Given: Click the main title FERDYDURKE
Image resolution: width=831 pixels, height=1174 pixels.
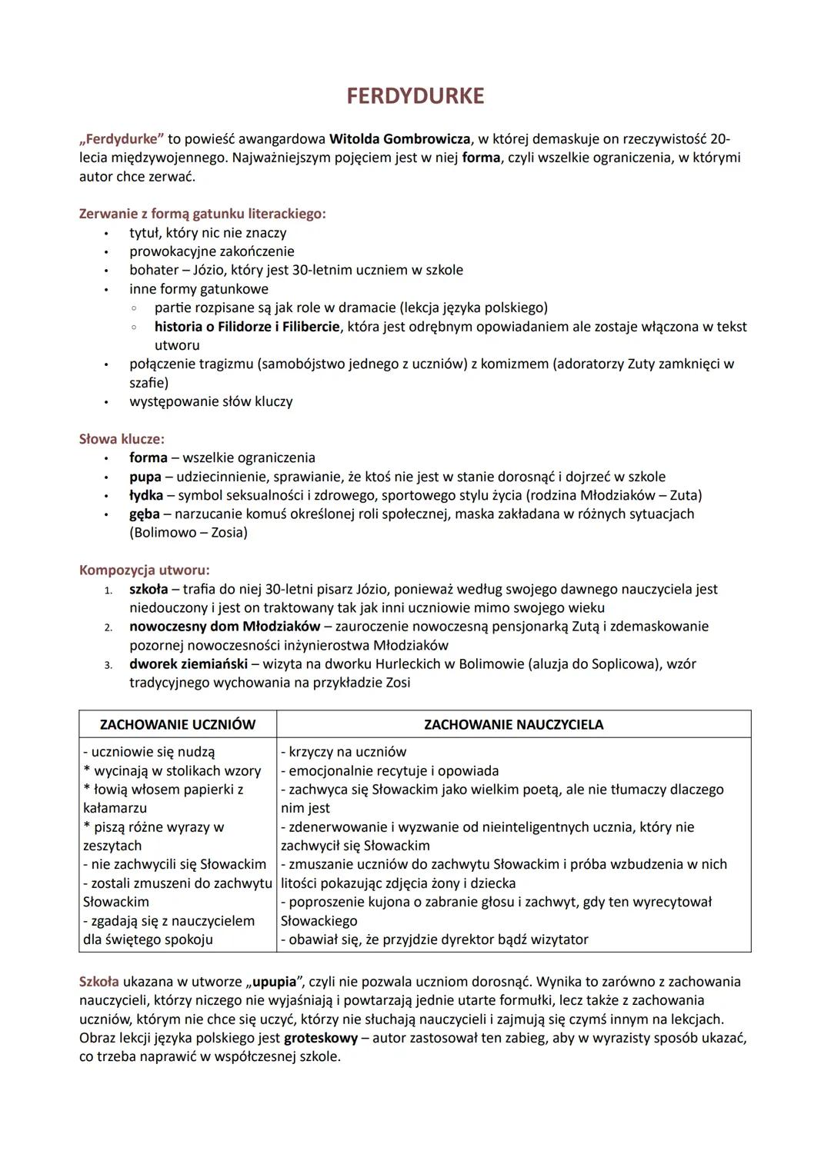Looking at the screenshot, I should pyautogui.click(x=415, y=96).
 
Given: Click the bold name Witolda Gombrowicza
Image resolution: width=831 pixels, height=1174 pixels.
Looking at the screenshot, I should pyautogui.click(x=399, y=139).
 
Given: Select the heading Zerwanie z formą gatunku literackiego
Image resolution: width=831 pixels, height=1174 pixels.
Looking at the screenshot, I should pyautogui.click(x=202, y=214).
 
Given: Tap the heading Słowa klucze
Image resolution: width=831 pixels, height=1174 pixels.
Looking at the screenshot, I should pyautogui.click(x=122, y=439).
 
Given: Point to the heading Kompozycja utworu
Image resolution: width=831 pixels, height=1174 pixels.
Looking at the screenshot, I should pyautogui.click(x=145, y=570).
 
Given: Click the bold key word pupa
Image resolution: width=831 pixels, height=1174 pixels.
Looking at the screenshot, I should pyautogui.click(x=145, y=477).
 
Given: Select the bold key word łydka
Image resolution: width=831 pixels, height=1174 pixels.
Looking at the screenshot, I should pyautogui.click(x=146, y=495).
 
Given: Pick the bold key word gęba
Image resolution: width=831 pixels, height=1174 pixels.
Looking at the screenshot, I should pyautogui.click(x=145, y=514).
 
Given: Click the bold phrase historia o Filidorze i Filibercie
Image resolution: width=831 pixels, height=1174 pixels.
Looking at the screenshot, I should pyautogui.click(x=247, y=327).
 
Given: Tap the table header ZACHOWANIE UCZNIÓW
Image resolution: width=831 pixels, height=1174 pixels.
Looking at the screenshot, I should pyautogui.click(x=178, y=724).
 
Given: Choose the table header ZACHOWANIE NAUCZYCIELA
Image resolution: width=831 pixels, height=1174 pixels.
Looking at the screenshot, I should pyautogui.click(x=513, y=724).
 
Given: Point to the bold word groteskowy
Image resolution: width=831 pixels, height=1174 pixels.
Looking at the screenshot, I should pyautogui.click(x=321, y=1038).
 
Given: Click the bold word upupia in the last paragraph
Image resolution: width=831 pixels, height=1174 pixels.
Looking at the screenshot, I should pyautogui.click(x=275, y=982).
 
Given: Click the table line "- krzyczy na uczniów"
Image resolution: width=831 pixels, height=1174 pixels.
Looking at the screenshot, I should pyautogui.click(x=343, y=752).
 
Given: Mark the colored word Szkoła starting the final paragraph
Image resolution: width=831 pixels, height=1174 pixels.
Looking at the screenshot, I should pyautogui.click(x=99, y=982).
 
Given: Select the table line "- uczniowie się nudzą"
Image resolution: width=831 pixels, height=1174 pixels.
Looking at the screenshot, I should pyautogui.click(x=149, y=752).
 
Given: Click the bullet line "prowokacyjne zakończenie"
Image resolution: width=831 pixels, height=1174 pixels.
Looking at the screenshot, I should pyautogui.click(x=212, y=251).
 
